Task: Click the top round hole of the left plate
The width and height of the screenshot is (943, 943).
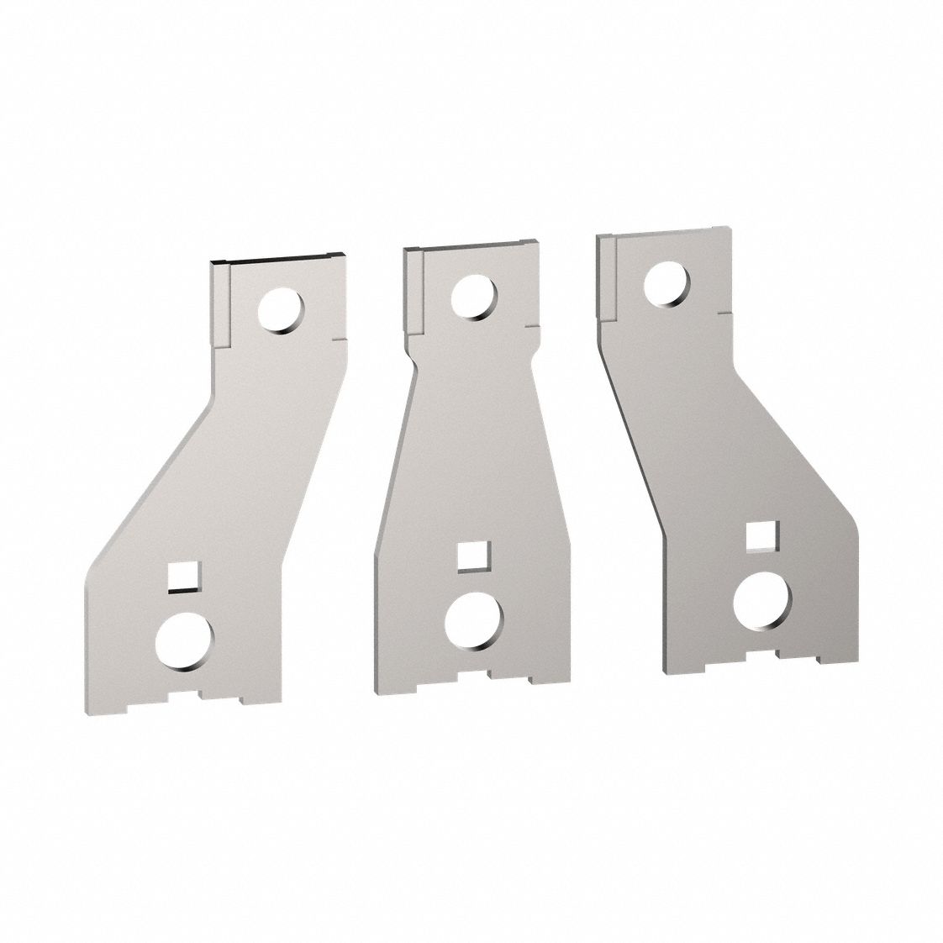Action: [280, 311]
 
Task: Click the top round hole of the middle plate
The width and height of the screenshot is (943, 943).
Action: [473, 298]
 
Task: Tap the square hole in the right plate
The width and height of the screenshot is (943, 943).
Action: [761, 536]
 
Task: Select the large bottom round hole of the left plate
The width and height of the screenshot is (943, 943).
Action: [185, 641]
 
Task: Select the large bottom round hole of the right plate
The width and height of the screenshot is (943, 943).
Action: [762, 600]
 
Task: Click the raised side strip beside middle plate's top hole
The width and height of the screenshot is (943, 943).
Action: [413, 290]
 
